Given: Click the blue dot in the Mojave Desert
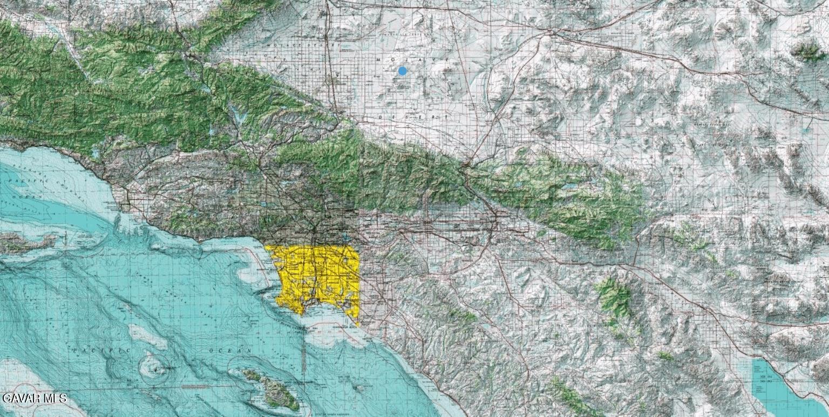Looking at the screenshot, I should pyautogui.click(x=402, y=71).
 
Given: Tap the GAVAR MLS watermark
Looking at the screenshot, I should pyautogui.click(x=34, y=399).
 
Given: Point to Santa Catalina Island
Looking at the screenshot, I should pyautogui.click(x=273, y=388).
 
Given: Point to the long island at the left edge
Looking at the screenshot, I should pyautogui.click(x=24, y=243).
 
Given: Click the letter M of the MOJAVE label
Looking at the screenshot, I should pyautogui.click(x=380, y=59).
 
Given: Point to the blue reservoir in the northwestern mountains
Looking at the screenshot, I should pyautogui.click(x=238, y=115).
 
